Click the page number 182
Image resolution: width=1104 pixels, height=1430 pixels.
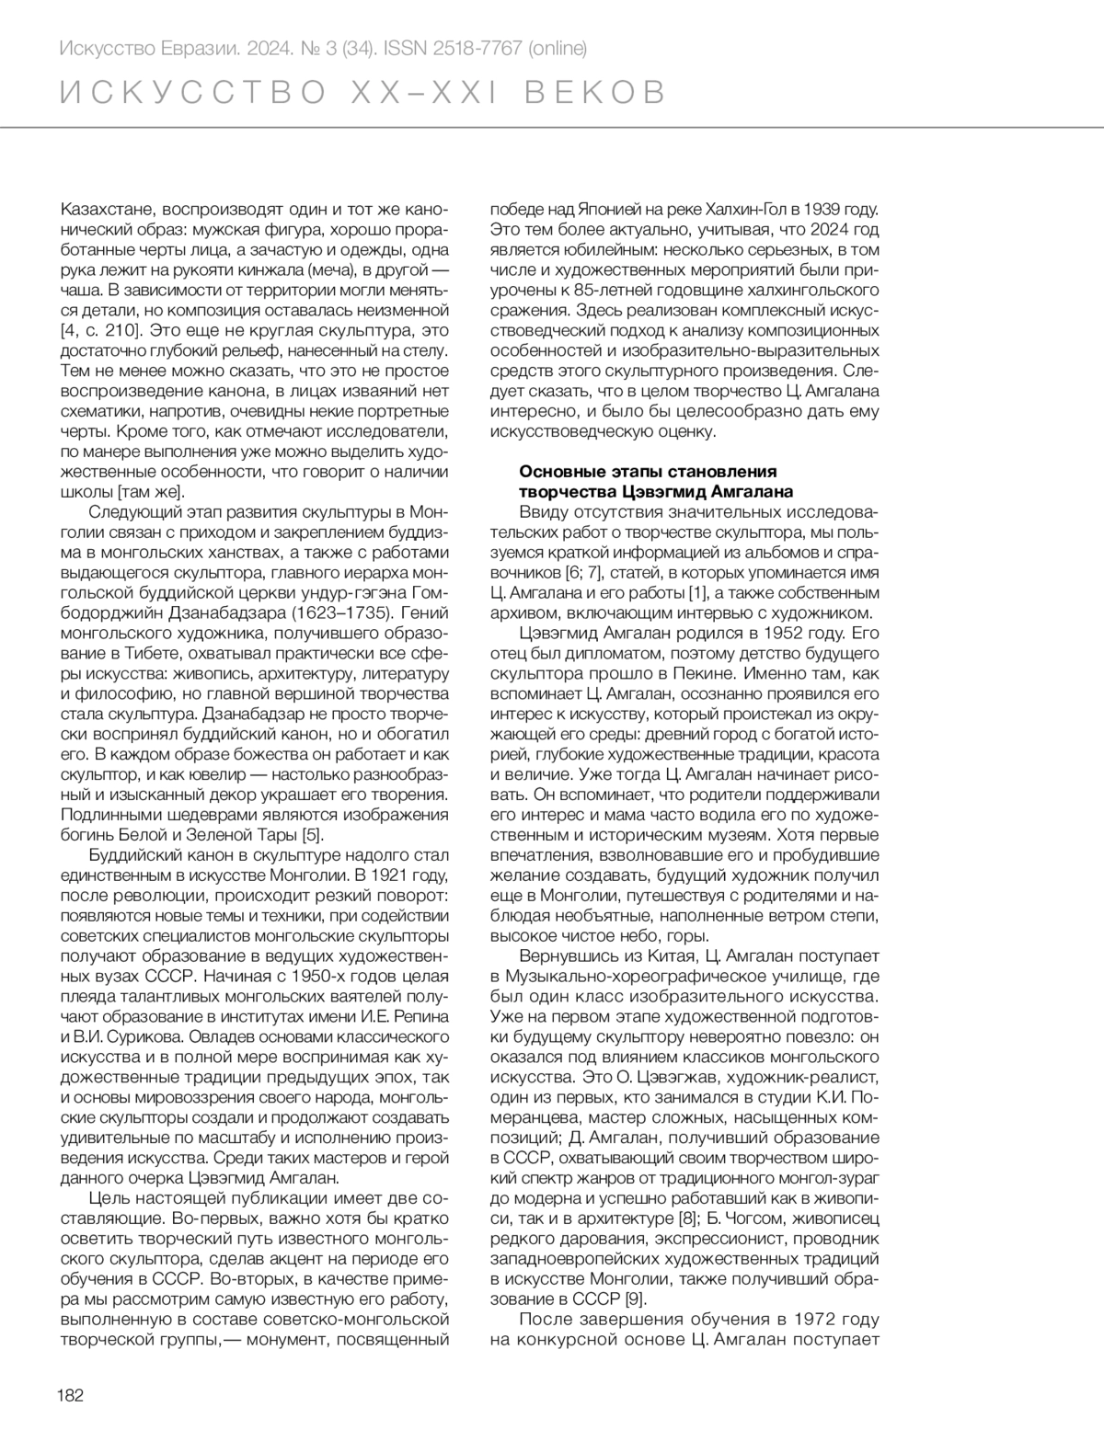click(70, 1395)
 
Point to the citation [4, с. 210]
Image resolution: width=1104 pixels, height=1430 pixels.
click(100, 329)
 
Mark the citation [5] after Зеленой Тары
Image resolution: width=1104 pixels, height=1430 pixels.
click(313, 834)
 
